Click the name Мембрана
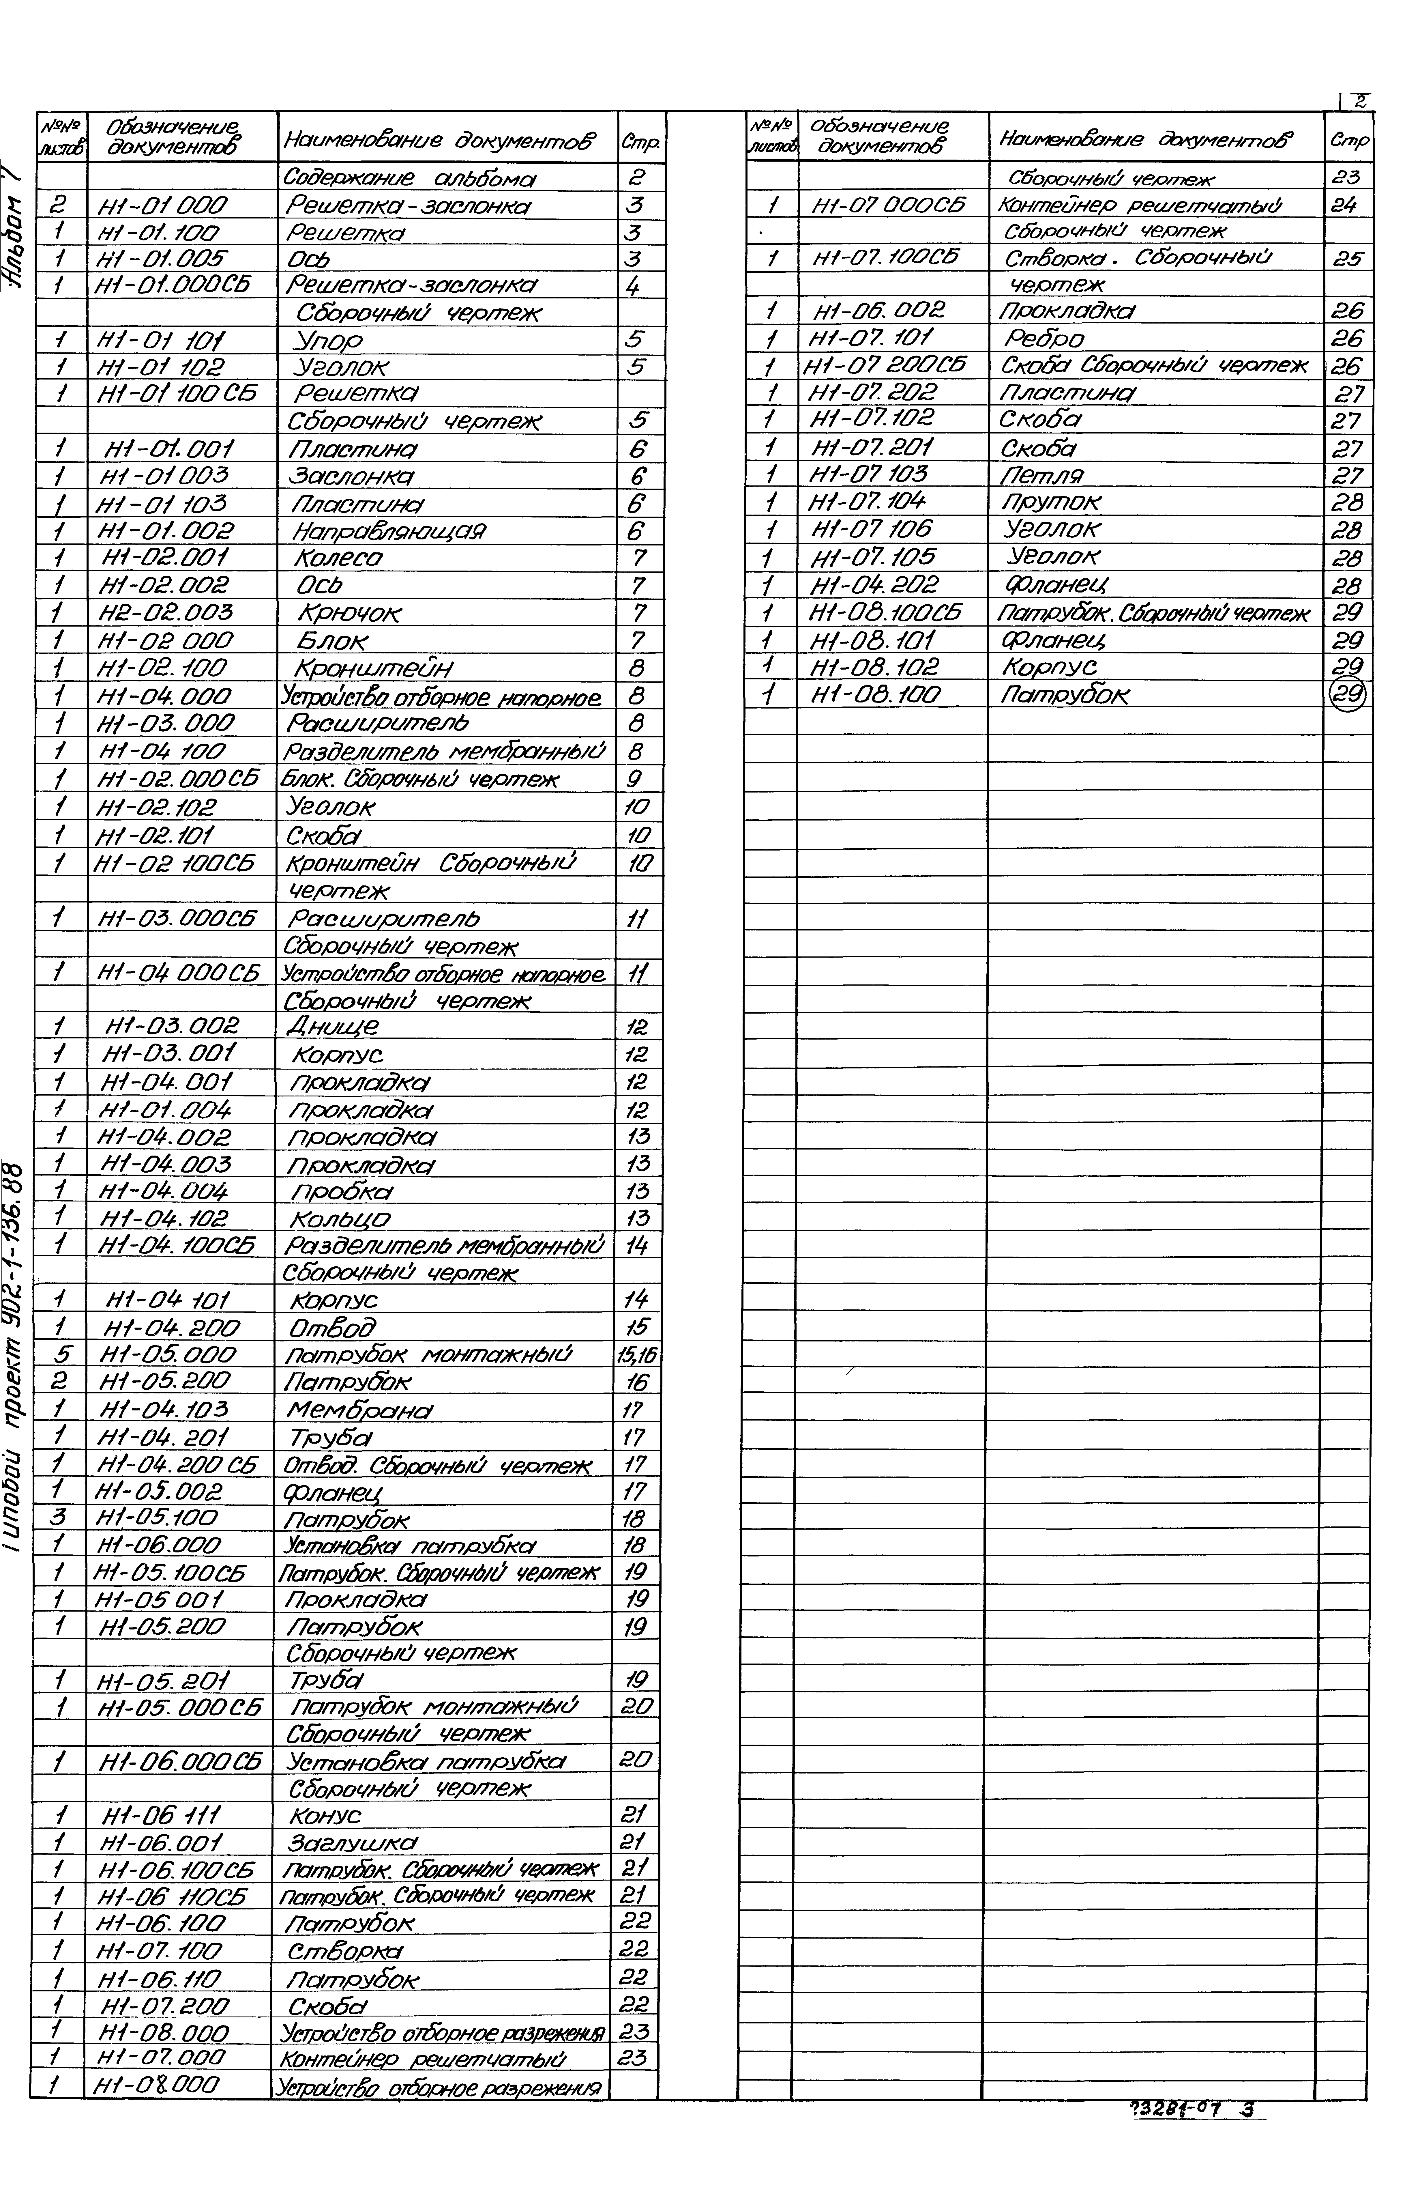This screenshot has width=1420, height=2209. [359, 1409]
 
